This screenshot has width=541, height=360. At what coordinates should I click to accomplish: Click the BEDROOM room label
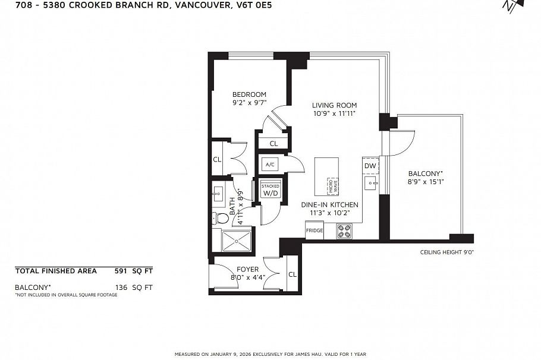pyautogui.click(x=249, y=94)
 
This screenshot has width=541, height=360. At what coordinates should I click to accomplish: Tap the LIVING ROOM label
pyautogui.click(x=334, y=106)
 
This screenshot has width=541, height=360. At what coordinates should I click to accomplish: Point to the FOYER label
pyautogui.click(x=248, y=269)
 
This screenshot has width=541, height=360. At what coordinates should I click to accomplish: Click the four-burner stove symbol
pyautogui.click(x=344, y=231)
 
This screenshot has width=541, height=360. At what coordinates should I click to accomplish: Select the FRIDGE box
pyautogui.click(x=314, y=230)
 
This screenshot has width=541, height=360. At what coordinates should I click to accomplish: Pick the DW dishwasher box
pyautogui.click(x=370, y=166)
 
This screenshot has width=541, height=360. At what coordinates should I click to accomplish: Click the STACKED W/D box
pyautogui.click(x=270, y=190)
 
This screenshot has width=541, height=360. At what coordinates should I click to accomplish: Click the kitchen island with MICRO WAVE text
pyautogui.click(x=326, y=176)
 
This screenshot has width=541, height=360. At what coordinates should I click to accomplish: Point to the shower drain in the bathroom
pyautogui.click(x=237, y=241)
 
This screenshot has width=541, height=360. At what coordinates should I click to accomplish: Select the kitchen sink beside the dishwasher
pyautogui.click(x=370, y=182)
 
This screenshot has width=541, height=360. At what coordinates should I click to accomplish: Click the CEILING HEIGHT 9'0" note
pyautogui.click(x=446, y=252)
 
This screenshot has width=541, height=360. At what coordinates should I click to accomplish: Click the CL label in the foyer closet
pyautogui.click(x=292, y=274)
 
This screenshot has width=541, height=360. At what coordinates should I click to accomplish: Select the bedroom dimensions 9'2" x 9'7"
pyautogui.click(x=249, y=102)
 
